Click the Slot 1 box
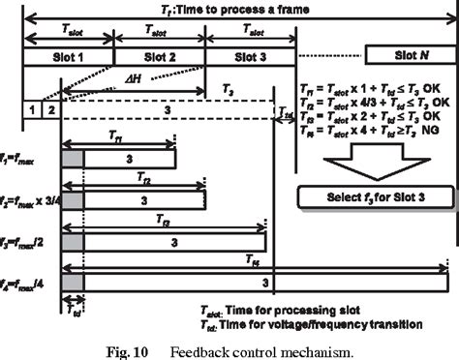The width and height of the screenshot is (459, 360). tap(67, 57)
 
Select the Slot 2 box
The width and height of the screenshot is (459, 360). tap(159, 57)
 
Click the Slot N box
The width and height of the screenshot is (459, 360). tap(406, 54)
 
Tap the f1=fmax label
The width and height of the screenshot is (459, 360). tap(19, 155)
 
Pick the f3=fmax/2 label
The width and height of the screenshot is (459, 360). tap(23, 241)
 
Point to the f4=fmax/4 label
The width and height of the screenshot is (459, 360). tap(23, 284)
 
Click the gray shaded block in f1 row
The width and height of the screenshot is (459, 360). tap(73, 158)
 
